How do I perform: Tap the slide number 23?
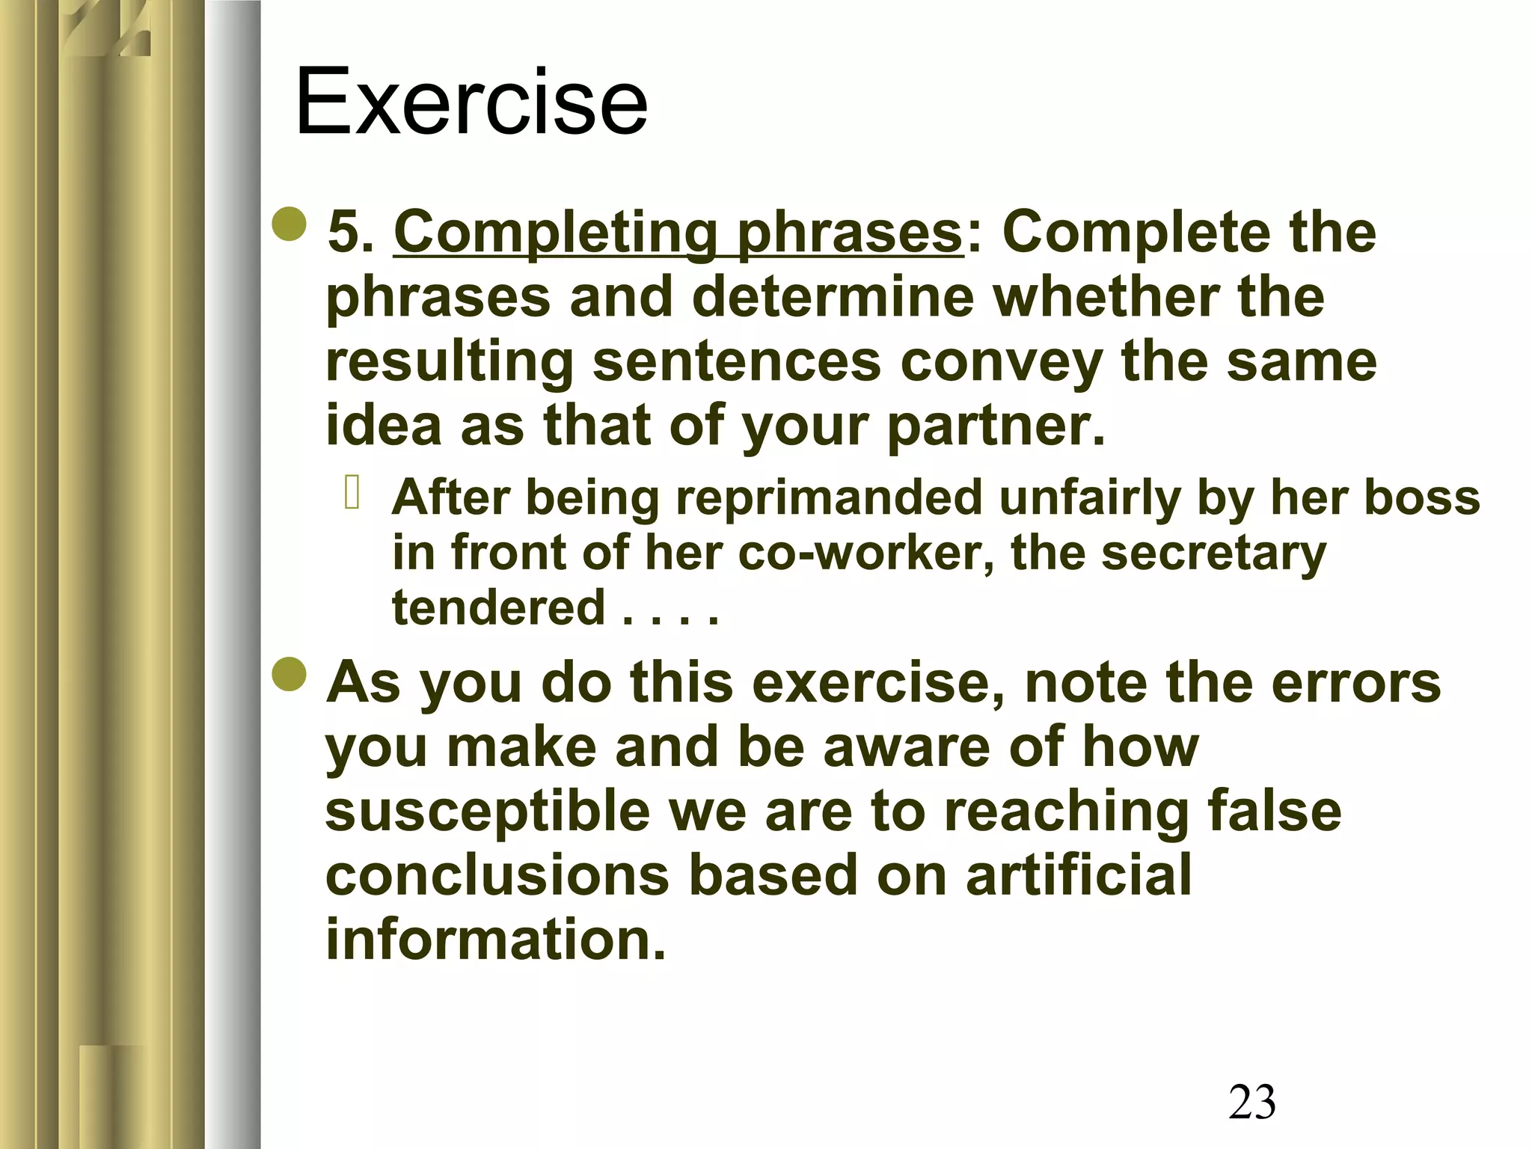1251,1101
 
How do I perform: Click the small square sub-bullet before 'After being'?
352,494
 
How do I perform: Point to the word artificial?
1078,875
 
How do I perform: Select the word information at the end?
495,940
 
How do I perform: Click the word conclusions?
497,875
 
